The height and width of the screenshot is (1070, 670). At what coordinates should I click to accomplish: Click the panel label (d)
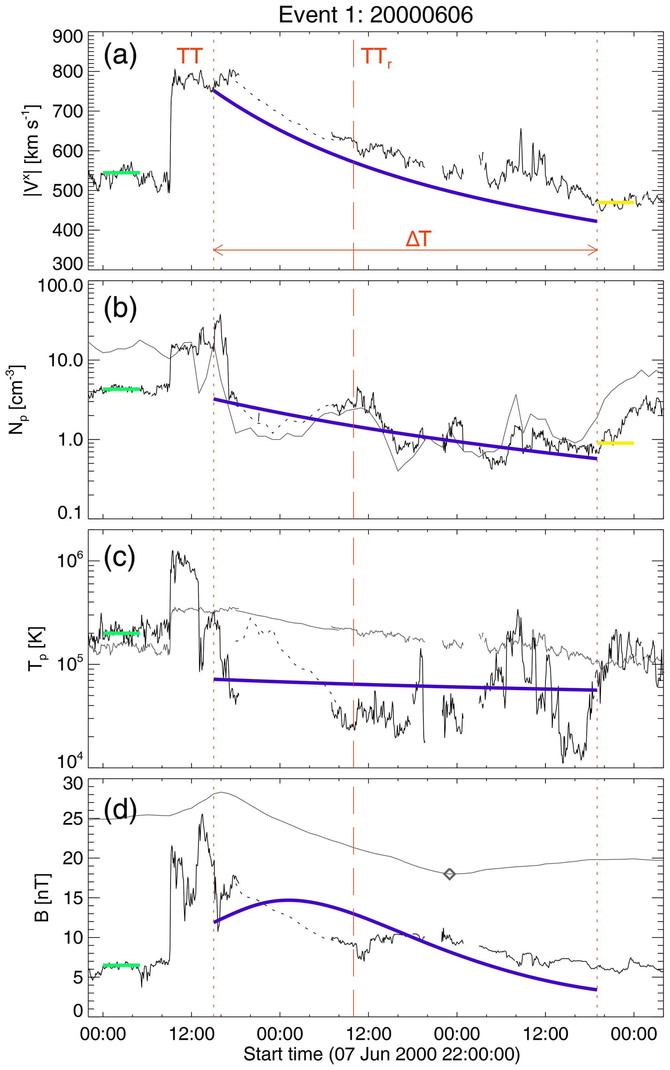[120, 808]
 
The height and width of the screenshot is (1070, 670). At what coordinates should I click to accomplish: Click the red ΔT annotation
[418, 240]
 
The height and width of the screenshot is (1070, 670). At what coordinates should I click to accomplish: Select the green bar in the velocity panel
[121, 172]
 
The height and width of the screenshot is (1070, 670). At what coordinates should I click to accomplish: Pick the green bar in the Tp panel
[121, 633]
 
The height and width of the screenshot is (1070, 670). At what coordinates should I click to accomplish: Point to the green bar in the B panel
[121, 965]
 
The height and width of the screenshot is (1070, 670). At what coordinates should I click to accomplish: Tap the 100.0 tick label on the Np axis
[61, 286]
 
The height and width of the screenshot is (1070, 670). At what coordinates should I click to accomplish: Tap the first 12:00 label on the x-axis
[192, 1034]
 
